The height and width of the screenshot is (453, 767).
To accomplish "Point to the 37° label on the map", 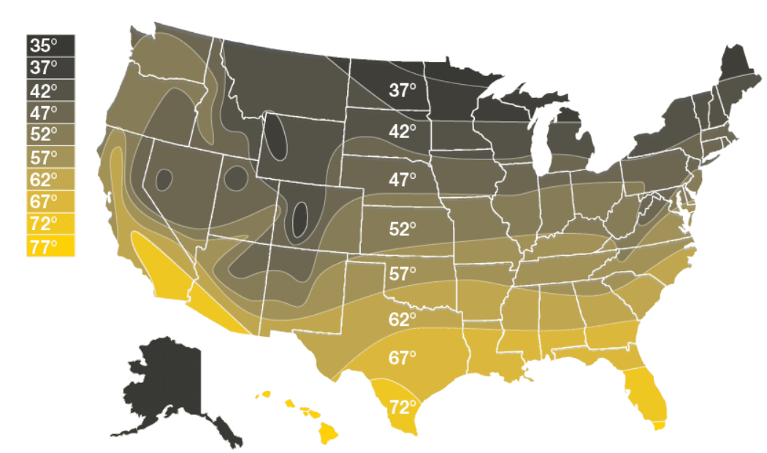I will click(x=401, y=91).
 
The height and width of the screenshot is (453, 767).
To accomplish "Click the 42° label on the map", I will click(x=401, y=132).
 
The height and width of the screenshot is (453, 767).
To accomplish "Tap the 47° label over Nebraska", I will click(x=401, y=178).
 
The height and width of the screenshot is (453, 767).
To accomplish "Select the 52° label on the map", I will click(x=401, y=229).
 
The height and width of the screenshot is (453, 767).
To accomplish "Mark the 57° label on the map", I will click(x=401, y=274).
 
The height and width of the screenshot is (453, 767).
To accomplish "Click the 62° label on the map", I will click(x=401, y=319).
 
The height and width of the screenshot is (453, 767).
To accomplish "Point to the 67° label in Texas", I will click(x=401, y=358).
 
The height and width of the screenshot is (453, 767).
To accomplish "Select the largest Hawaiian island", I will click(x=328, y=433).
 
